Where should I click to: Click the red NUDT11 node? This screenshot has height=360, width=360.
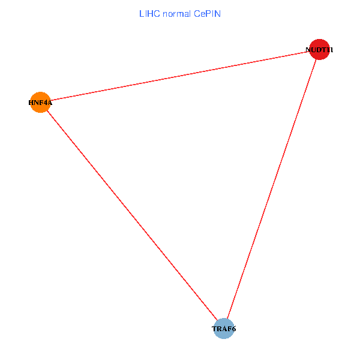[319, 50]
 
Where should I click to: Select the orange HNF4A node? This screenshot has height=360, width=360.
[40, 103]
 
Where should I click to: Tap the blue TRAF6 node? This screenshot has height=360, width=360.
[224, 329]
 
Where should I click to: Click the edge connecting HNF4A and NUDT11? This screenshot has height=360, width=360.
[180, 76]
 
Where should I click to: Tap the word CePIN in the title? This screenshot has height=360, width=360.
[208, 13]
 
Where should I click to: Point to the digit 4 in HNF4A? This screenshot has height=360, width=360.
[45, 103]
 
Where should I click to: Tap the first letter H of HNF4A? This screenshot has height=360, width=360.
[31, 103]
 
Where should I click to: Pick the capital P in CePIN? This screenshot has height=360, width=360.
[207, 13]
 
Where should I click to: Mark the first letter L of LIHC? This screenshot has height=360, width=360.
[142, 13]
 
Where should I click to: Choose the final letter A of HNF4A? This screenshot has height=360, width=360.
[50, 103]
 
